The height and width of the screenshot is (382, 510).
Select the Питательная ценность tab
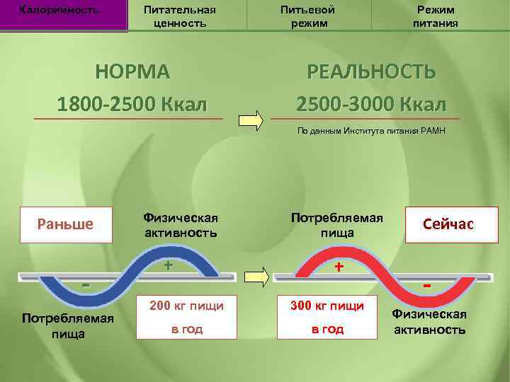179,16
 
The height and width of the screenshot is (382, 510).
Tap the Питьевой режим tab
307,16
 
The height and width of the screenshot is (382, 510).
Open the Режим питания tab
436,16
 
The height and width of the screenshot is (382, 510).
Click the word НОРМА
133,72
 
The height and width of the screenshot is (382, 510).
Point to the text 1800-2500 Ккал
133,104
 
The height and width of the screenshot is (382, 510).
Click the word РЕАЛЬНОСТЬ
371,72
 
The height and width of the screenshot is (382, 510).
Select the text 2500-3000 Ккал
371,104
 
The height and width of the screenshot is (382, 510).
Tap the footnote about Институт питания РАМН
372,132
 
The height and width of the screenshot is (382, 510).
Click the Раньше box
65,224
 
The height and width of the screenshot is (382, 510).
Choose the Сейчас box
448,224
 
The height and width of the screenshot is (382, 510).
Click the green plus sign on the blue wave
169,266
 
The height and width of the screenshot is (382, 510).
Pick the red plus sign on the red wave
339,267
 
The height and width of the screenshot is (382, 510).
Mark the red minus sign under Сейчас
427,285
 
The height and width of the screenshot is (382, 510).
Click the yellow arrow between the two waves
256,277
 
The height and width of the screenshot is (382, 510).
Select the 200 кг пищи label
186,306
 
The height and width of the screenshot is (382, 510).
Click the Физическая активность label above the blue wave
180,224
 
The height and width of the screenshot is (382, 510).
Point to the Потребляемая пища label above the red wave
337,224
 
